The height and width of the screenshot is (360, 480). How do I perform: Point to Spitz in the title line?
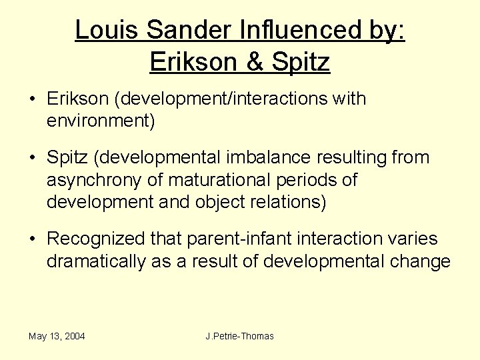[x=301, y=62]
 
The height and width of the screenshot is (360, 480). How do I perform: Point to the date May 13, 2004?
[x=57, y=336]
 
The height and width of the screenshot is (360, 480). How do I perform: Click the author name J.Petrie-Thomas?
[x=240, y=336]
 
